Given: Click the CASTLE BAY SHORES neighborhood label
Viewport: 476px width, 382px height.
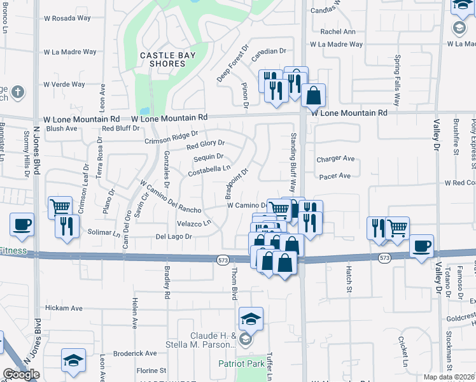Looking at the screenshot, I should [162, 60].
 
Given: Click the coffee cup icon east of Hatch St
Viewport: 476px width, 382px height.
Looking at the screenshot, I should [421, 246].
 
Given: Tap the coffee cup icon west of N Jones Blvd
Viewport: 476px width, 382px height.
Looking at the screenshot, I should [22, 225].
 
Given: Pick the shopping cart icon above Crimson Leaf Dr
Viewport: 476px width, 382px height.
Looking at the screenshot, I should [60, 207].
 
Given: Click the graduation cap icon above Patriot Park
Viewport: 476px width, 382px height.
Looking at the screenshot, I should [251, 318].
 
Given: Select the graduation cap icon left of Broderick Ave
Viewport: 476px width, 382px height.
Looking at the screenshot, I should [74, 360].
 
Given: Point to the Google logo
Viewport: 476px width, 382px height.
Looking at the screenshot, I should [21, 374].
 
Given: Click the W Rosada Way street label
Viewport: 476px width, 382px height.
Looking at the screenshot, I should [69, 18].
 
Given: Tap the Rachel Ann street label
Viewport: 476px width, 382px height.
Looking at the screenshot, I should [338, 31].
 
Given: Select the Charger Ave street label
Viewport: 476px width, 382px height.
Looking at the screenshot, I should [335, 159].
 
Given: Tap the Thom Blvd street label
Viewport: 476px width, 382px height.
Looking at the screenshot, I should [234, 285].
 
